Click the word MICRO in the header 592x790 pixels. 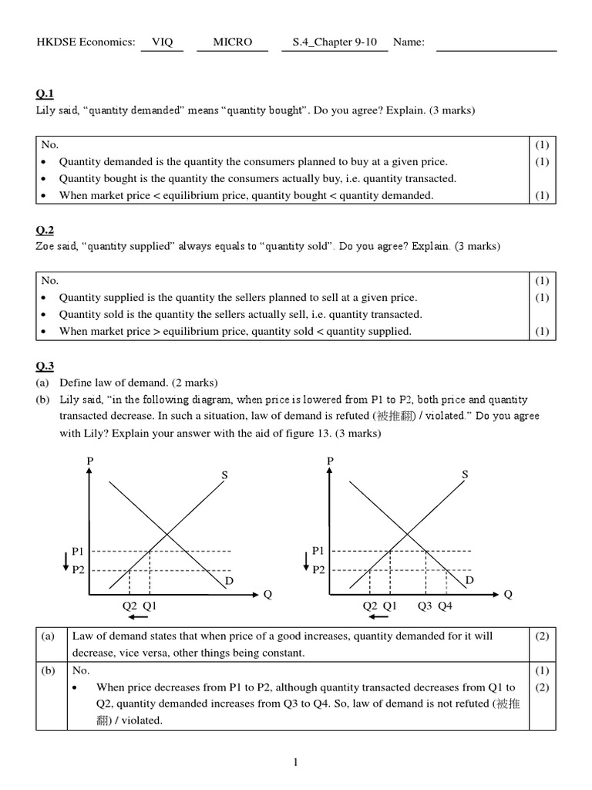click(x=233, y=42)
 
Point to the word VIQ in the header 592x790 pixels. click(x=162, y=42)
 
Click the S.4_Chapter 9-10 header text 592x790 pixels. click(x=335, y=42)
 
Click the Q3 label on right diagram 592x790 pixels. click(x=425, y=606)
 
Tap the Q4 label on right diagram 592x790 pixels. click(x=446, y=606)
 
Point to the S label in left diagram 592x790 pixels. click(x=225, y=475)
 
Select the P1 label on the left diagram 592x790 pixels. click(x=79, y=551)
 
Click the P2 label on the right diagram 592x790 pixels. click(x=319, y=570)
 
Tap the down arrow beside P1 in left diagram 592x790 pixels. click(x=67, y=561)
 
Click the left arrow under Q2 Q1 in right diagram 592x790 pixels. click(x=379, y=617)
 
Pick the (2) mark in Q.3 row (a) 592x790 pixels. click(x=541, y=636)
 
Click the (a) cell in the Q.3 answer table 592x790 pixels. click(x=49, y=636)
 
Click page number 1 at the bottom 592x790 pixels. click(x=295, y=763)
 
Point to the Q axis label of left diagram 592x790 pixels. click(x=267, y=595)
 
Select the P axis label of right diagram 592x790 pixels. click(x=331, y=461)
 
